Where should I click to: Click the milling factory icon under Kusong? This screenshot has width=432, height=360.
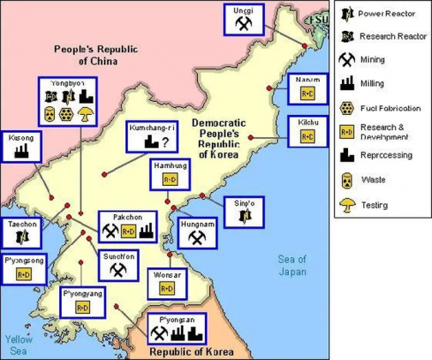tap(22, 151)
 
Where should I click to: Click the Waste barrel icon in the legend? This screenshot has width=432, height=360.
tap(348, 178)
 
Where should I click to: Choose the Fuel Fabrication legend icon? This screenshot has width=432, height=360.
tap(348, 107)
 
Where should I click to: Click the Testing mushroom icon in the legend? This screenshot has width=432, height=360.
tap(348, 205)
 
